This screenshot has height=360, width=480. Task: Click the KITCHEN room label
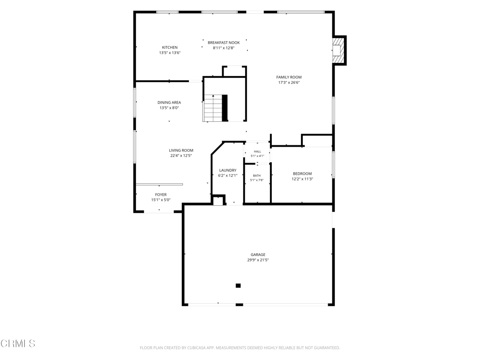coord(170,47)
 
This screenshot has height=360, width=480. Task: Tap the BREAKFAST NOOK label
coord(224,43)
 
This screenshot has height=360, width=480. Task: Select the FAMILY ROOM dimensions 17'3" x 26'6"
coord(289,82)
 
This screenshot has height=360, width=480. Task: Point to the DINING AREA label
coord(169,103)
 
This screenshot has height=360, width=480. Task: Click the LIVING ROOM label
coord(181,150)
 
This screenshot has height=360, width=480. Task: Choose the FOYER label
coord(161,195)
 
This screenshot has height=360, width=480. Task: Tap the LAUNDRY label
coord(228,170)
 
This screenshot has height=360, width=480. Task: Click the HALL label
coord(257,151)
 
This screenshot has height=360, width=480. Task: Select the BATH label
coord(257,176)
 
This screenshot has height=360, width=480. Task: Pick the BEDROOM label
coord(302,173)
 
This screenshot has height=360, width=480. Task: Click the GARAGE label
coord(258,255)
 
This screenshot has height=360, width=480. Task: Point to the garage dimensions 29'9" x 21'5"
coord(258,260)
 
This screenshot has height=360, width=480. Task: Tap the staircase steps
coord(213,108)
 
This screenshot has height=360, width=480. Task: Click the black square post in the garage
coord(238,285)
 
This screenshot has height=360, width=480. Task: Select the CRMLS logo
coord(18,344)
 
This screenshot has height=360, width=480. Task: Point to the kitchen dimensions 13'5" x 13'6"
coord(170,53)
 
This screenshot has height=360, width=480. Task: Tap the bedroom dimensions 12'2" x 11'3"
coord(302,179)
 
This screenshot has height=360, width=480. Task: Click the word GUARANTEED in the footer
coord(328,348)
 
